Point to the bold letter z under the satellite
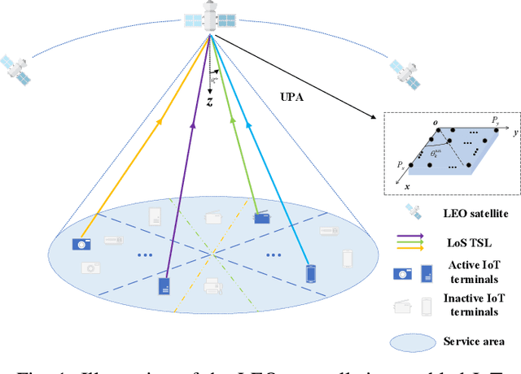[209, 102]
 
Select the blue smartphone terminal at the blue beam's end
[309, 273]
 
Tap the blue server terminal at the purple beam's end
[164, 286]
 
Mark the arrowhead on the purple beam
[192, 125]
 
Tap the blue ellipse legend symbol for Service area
[414, 341]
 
